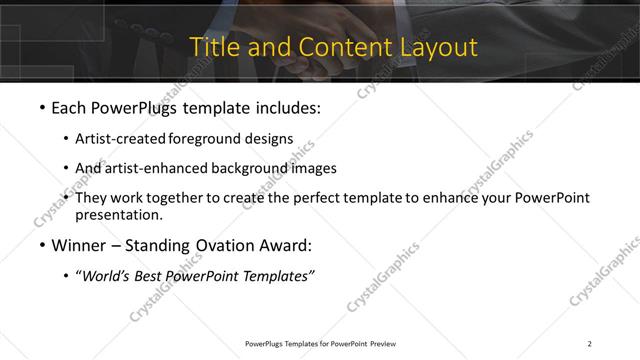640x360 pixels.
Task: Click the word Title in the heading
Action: click(x=215, y=47)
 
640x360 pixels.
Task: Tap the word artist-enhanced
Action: click(x=155, y=168)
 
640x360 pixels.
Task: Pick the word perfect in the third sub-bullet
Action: click(x=319, y=198)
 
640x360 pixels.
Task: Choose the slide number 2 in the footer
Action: click(x=590, y=343)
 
